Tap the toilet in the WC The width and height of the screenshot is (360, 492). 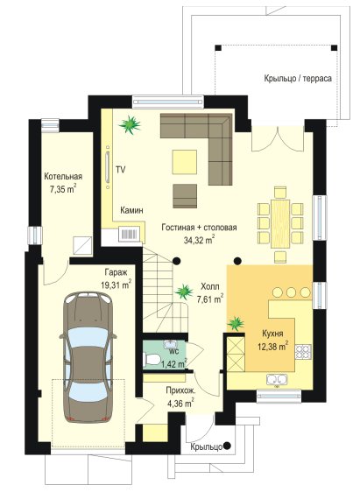pyautogui.click(x=152, y=359)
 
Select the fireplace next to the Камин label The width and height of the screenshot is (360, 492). pyautogui.click(x=129, y=234)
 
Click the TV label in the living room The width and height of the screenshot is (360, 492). pyautogui.click(x=121, y=170)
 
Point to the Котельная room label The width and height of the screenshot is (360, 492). pyautogui.click(x=63, y=176)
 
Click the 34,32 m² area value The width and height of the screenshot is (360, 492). pyautogui.click(x=200, y=241)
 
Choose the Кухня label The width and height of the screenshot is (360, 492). pyautogui.click(x=272, y=334)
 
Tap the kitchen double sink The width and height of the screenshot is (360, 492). pyautogui.click(x=277, y=379)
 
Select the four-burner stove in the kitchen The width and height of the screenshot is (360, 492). pyautogui.click(x=303, y=351)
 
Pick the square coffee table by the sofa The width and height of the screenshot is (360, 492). pyautogui.click(x=185, y=162)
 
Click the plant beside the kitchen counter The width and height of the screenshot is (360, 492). pyautogui.click(x=236, y=323)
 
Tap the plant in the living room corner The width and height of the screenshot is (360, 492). pyautogui.click(x=130, y=124)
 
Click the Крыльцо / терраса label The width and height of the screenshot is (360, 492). pyautogui.click(x=298, y=79)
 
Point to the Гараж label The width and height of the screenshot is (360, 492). pyautogui.click(x=116, y=272)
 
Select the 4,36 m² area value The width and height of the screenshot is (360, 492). pyautogui.click(x=180, y=403)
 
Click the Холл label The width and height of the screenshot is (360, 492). pyautogui.click(x=209, y=286)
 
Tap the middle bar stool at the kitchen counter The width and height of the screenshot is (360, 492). pyautogui.click(x=291, y=292)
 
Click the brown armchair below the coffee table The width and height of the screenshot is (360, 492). pyautogui.click(x=185, y=196)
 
